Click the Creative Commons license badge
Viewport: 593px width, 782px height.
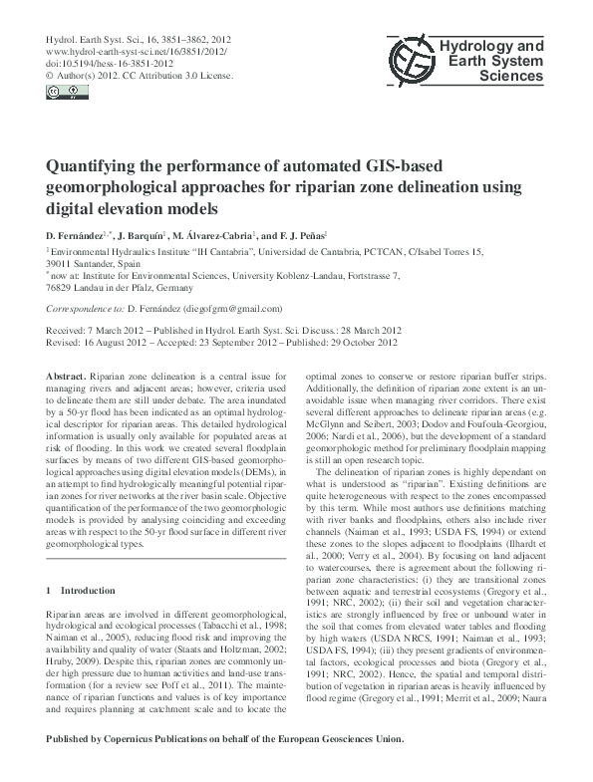pos(60,92)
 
